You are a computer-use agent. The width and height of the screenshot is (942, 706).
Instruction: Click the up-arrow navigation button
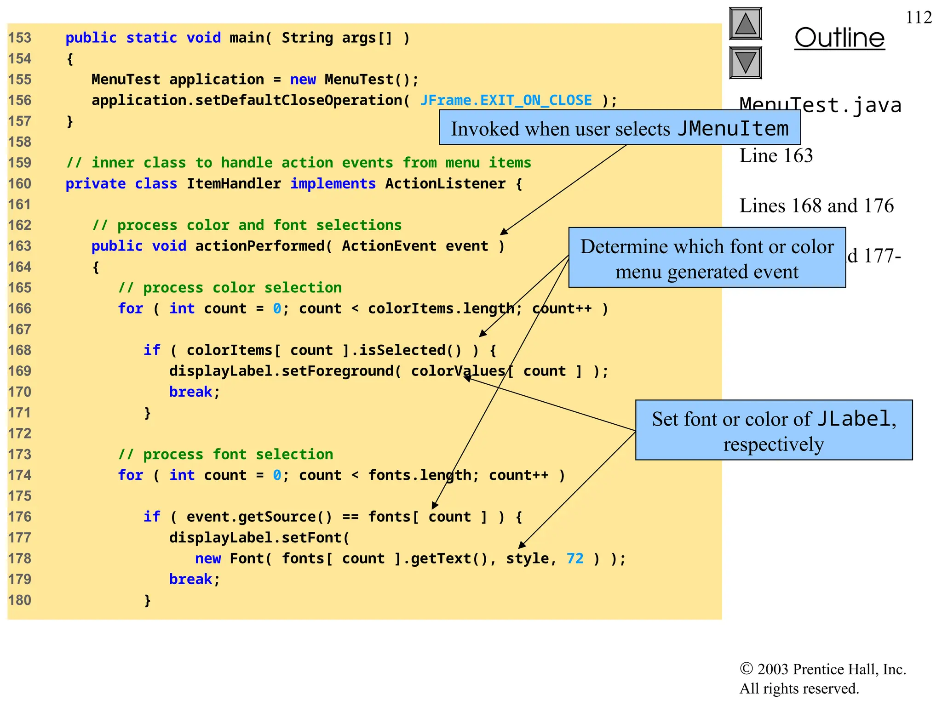click(745, 24)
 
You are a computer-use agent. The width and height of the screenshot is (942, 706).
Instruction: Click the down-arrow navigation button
click(745, 63)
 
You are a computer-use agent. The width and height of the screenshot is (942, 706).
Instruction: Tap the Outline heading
click(839, 38)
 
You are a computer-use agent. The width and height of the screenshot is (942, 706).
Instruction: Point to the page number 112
click(919, 17)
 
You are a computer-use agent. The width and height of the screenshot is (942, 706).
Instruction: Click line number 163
click(20, 246)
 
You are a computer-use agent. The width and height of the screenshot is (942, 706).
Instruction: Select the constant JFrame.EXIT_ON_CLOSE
click(506, 100)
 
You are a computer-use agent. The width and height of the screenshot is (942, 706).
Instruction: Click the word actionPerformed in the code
click(260, 246)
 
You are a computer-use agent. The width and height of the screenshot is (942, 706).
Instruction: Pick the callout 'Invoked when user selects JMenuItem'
click(620, 128)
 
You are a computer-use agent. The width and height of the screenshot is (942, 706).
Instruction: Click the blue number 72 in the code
click(575, 558)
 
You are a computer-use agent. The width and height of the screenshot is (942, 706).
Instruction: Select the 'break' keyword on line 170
click(190, 392)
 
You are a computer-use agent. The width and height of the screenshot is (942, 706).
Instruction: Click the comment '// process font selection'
click(225, 455)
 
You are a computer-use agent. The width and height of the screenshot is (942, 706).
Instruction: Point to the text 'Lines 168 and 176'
click(816, 206)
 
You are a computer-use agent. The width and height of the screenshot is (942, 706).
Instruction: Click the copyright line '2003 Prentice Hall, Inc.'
click(823, 670)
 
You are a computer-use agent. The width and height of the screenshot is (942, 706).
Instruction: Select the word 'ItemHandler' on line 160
click(234, 184)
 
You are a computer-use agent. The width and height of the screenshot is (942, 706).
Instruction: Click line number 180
click(20, 600)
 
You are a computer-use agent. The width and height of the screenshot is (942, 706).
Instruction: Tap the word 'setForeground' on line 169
click(337, 371)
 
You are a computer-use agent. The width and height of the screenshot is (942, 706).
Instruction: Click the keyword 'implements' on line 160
click(333, 184)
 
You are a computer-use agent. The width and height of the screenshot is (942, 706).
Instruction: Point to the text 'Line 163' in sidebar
click(776, 156)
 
